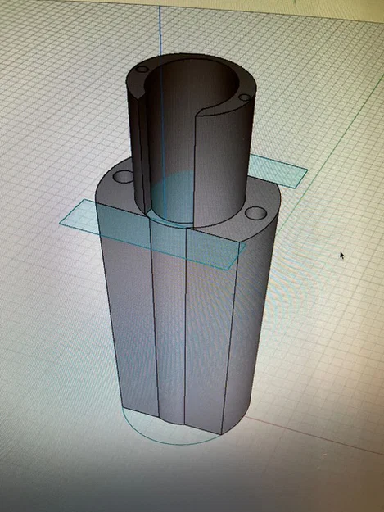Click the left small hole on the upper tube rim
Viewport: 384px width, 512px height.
[142, 70]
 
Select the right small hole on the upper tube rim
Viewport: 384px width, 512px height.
[242, 98]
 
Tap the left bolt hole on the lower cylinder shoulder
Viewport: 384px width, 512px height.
[124, 176]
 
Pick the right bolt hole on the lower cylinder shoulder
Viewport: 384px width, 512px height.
[255, 213]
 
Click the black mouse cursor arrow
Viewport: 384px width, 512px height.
[342, 255]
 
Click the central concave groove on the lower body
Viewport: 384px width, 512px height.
[169, 328]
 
